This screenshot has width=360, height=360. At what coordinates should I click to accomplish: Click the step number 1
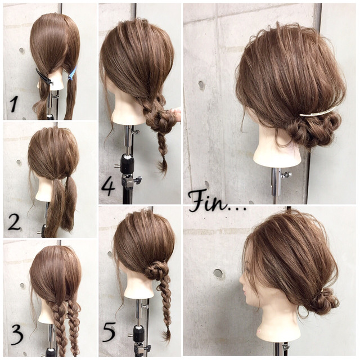coord(14,104)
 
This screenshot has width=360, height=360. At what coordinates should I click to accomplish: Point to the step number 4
coord(108,187)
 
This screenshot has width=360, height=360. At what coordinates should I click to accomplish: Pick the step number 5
coord(109,332)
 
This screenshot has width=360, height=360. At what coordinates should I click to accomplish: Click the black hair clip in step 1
coord(44,77)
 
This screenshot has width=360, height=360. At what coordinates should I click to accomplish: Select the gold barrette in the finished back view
coord(317,112)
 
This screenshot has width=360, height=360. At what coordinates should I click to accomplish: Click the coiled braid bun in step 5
coord(155,271)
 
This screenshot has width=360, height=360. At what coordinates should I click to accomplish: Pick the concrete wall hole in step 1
coord(22,51)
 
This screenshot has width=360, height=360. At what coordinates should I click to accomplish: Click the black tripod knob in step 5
coord(138,333)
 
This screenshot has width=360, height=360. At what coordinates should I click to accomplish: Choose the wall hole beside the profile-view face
coord(218,273)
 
